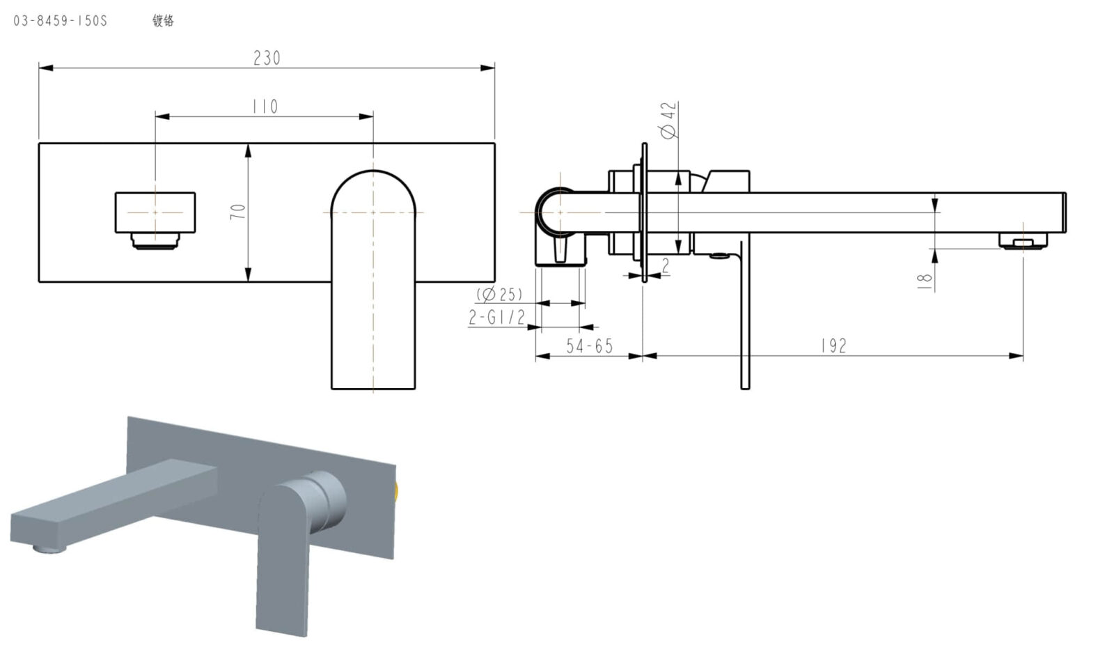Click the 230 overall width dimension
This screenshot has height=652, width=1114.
267,58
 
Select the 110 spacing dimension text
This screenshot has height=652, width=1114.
265,107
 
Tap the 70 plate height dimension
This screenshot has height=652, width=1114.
238,212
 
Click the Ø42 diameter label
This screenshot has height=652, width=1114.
668,120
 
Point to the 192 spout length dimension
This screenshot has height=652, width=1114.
833,346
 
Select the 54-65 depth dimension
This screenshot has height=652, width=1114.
589,346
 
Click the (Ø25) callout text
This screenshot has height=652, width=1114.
499,294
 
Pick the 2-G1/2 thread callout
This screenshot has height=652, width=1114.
496,318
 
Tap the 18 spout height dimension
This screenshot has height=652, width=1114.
925,279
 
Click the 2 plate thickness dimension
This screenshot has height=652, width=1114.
666,265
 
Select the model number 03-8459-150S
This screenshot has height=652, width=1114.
61,21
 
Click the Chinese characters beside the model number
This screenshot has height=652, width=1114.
163,21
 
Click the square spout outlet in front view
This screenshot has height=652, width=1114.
155,212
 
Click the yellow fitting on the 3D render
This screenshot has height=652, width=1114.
396,493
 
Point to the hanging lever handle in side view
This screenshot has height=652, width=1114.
745,313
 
